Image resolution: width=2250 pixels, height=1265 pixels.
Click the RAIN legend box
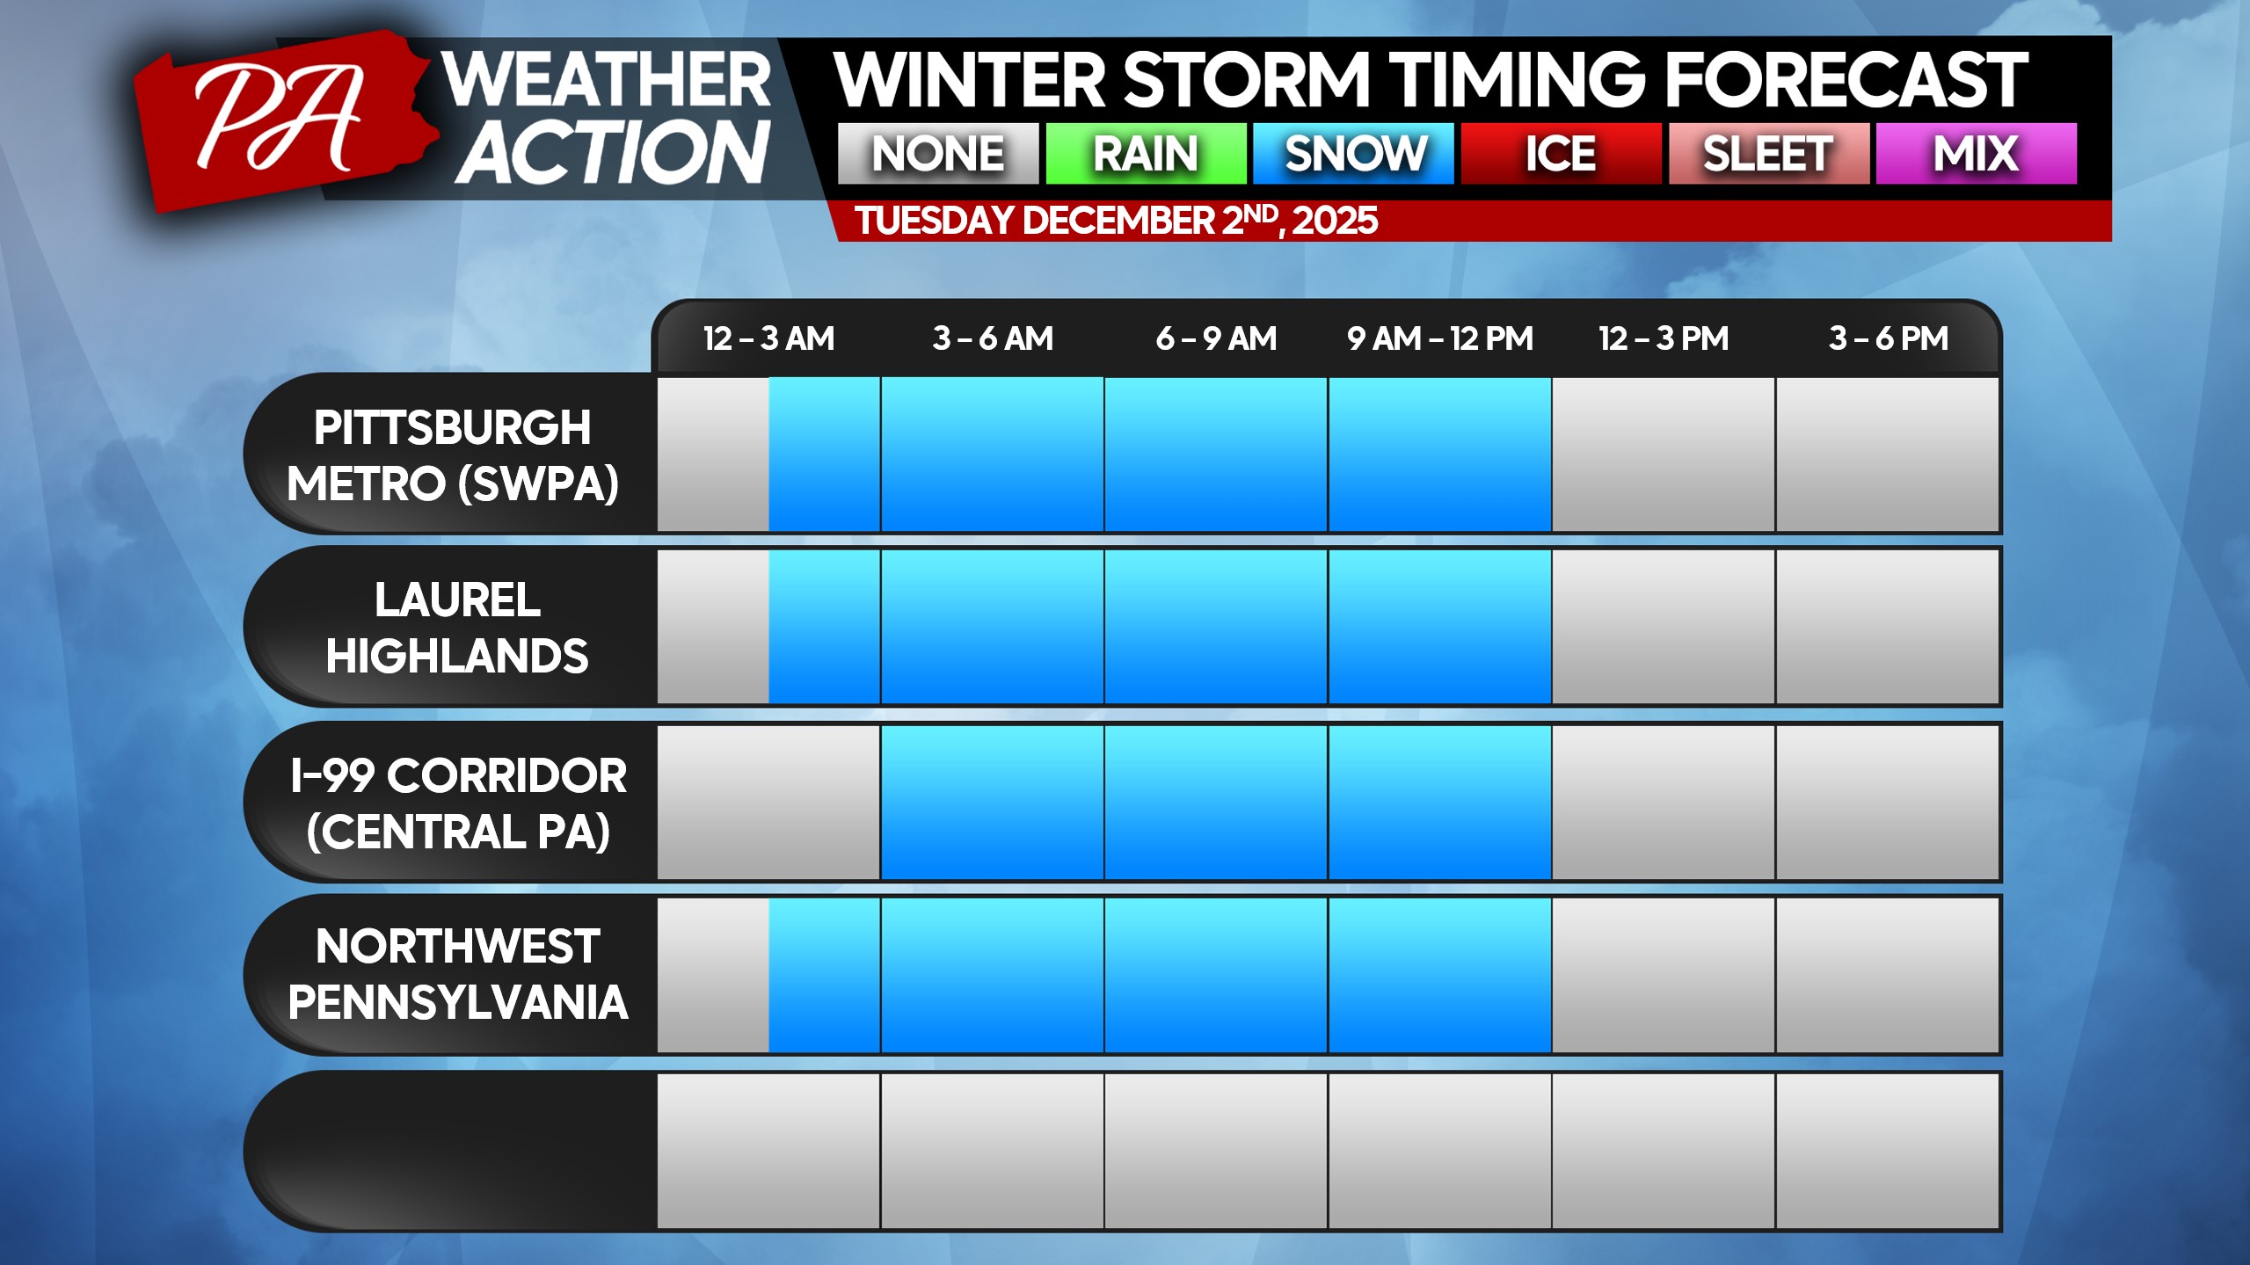pos(1146,154)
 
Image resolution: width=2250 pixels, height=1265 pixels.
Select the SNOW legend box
pos(1353,154)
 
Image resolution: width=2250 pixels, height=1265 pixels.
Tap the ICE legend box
pos(1562,154)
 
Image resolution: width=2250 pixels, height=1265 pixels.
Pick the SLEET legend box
pos(1769,154)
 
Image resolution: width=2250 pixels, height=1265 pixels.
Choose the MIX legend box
pos(1977,154)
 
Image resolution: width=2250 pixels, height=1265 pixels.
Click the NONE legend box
pos(938,154)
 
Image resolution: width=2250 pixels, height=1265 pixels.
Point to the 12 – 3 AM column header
pos(768,338)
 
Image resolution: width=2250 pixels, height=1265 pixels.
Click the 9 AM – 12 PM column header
pos(1440,338)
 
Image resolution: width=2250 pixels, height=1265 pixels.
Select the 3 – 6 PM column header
pos(1889,338)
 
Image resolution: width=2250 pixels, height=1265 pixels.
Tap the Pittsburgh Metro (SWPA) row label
pos(453,455)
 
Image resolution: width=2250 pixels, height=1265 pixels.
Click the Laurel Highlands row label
pos(457,628)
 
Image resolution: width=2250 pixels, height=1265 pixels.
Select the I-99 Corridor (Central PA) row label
pos(458,803)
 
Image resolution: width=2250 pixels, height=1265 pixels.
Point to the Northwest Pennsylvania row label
pos(458,974)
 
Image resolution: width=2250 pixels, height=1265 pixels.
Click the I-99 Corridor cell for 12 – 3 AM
pos(768,803)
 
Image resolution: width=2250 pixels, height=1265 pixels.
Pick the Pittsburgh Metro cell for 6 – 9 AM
pos(1216,454)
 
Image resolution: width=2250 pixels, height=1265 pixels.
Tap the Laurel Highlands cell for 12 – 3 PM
pos(1664,627)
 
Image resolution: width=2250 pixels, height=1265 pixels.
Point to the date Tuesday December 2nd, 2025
pos(1116,221)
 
